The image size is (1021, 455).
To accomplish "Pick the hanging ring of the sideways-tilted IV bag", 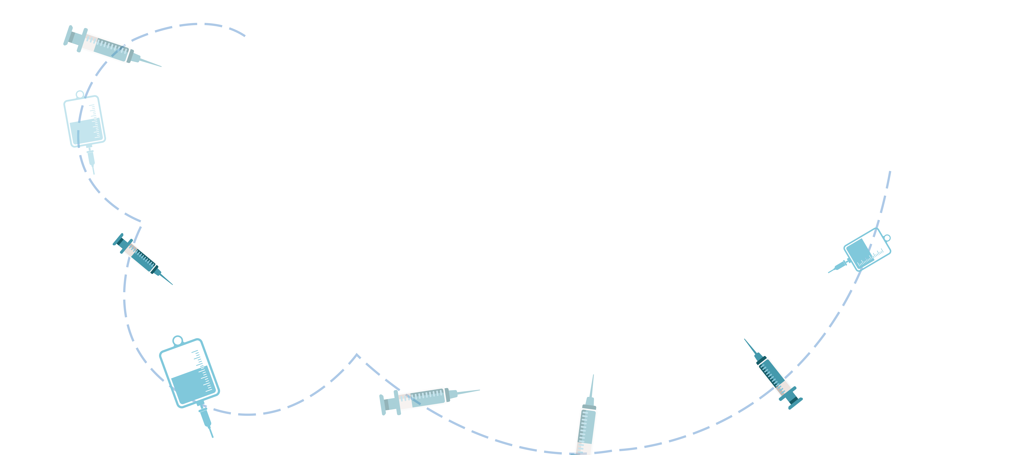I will pyautogui.click(x=887, y=238).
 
